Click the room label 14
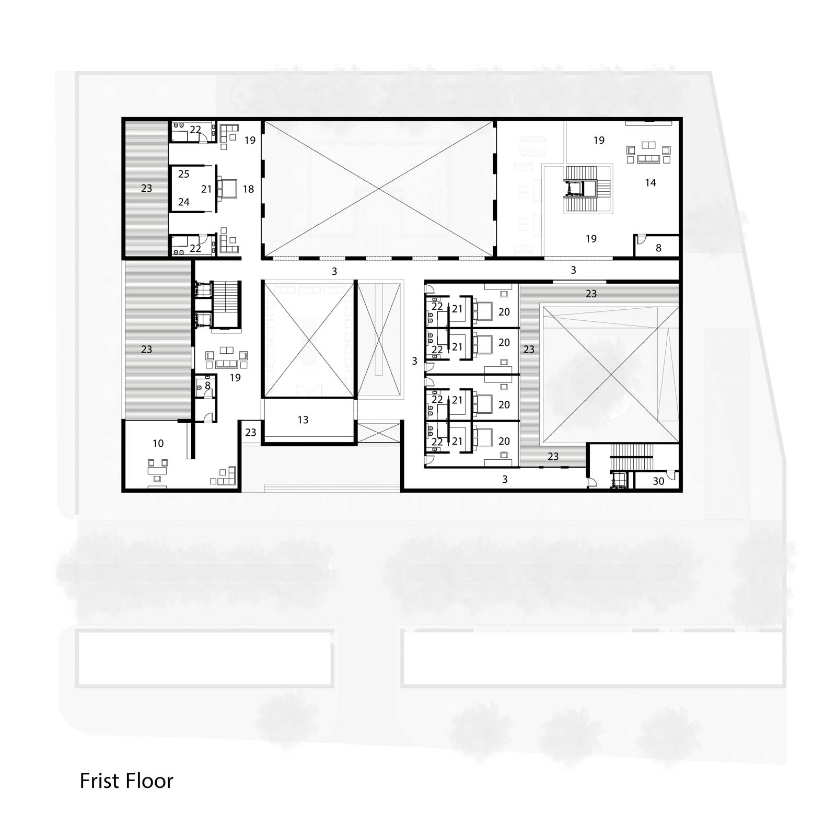tap(650, 183)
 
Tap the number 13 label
tap(303, 420)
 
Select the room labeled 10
tap(158, 444)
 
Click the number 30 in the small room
tap(658, 481)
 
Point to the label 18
tap(248, 189)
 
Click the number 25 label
tap(183, 174)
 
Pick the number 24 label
tap(183, 202)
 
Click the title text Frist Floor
tap(126, 781)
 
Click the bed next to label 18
tap(227, 189)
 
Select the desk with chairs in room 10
tap(157, 467)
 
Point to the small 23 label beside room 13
tap(251, 432)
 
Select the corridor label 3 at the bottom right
tap(504, 479)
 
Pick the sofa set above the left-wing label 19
tap(227, 357)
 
